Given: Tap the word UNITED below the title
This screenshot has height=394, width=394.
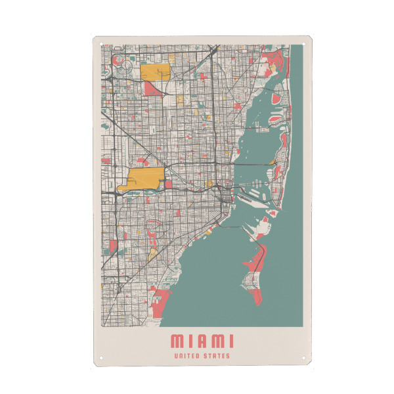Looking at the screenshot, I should [187, 357].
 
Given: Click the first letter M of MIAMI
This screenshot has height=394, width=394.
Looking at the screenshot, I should [177, 341].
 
